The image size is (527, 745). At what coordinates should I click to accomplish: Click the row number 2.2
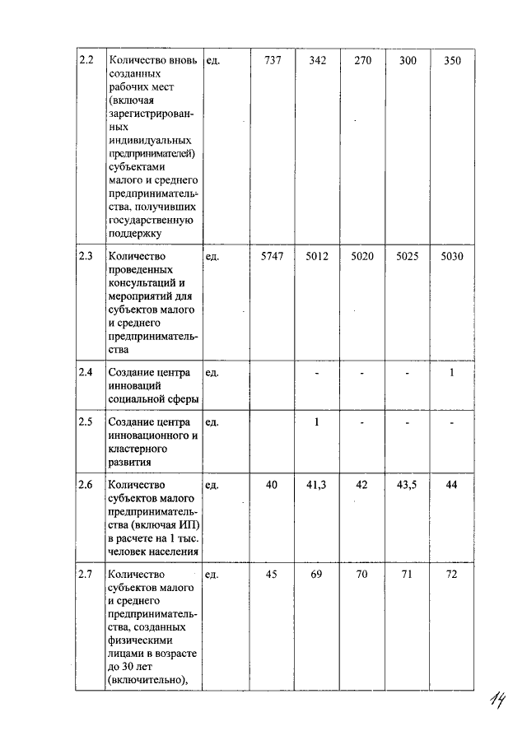(x=86, y=61)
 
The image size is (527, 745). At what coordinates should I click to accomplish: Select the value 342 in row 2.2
(x=317, y=61)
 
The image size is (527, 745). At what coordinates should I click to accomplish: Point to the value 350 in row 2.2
(x=452, y=61)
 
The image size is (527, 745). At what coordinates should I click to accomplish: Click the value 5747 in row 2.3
(x=272, y=257)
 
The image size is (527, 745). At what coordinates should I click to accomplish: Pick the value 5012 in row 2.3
(x=317, y=257)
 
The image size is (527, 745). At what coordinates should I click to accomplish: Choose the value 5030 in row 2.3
(x=452, y=257)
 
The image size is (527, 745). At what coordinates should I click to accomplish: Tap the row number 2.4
(x=86, y=372)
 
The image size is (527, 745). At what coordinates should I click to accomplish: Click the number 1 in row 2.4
(x=452, y=373)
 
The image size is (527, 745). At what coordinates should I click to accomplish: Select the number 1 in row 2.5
(x=317, y=422)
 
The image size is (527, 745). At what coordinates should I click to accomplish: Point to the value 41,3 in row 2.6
(x=317, y=486)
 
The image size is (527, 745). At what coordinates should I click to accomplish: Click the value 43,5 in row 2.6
(x=407, y=486)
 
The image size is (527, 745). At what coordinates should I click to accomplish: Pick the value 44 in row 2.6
(x=452, y=486)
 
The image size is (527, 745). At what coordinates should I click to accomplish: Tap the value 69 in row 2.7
(x=317, y=574)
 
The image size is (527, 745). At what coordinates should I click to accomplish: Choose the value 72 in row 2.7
(x=452, y=574)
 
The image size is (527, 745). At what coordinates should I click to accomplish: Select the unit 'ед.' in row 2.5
(x=212, y=422)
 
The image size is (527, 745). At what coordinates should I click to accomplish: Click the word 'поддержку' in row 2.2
(x=134, y=233)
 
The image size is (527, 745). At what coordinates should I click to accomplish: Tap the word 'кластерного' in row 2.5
(x=138, y=449)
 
